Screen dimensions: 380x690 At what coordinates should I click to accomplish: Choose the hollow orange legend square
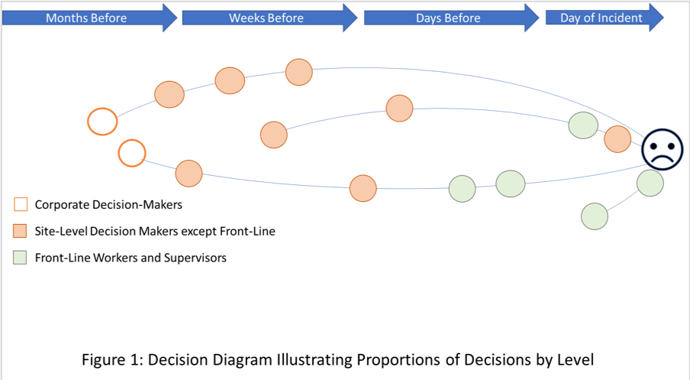(x=21, y=204)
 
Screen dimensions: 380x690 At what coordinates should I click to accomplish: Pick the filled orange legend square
(x=21, y=231)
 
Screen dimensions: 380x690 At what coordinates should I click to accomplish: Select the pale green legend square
(x=20, y=258)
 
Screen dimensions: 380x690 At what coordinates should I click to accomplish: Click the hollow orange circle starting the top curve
(x=102, y=122)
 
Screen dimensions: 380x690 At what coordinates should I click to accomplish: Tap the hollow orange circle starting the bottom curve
(x=131, y=153)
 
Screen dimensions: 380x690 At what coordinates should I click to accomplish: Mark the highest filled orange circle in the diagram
(x=298, y=73)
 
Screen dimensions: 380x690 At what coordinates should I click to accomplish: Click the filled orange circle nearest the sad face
(x=617, y=139)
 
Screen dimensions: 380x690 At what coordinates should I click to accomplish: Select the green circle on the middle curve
(x=583, y=125)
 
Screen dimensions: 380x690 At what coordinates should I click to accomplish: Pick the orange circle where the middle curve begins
(x=273, y=135)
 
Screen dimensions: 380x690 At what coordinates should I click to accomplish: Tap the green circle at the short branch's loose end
(x=595, y=216)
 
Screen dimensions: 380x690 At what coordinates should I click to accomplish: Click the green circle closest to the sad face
(x=650, y=183)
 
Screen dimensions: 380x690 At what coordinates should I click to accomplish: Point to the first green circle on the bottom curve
(x=462, y=189)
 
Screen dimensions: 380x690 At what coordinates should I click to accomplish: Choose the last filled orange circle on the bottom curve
(x=363, y=188)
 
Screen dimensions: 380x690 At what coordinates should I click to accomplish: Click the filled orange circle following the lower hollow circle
(x=189, y=174)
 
